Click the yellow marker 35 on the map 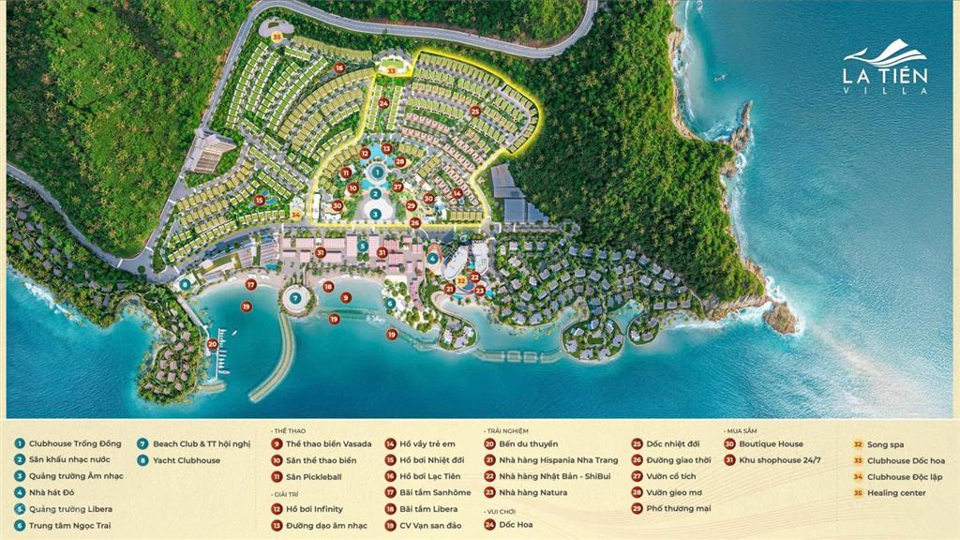pos(277,37)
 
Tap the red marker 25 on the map pos(475,112)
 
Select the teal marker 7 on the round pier pos(295,298)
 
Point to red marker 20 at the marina pos(213,344)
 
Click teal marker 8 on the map pos(186,283)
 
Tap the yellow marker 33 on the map pos(392,67)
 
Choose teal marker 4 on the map pos(432,258)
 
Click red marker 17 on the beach pos(250,284)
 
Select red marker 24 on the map pos(384,103)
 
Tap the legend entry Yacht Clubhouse pos(186,460)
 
